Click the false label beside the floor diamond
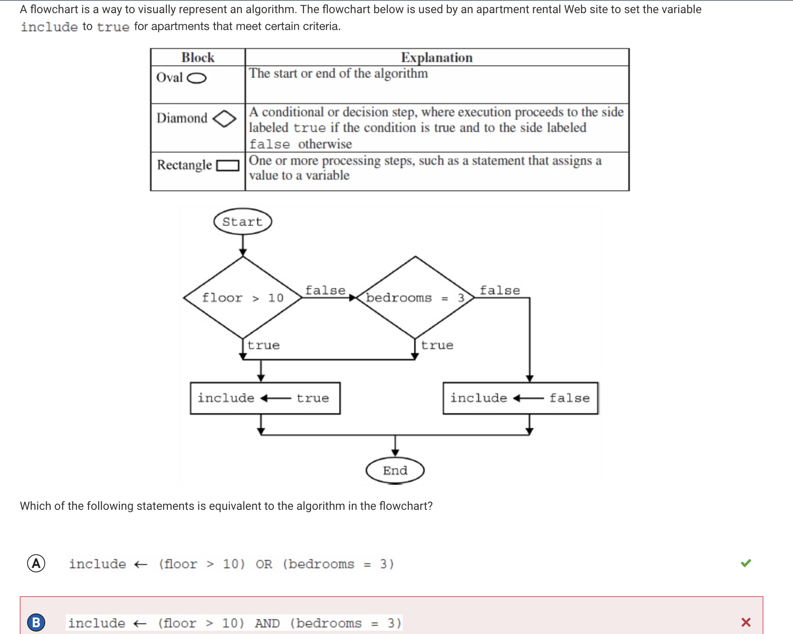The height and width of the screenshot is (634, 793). click(325, 290)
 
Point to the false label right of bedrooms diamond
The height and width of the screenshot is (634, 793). click(500, 290)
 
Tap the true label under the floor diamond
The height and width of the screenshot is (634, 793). click(263, 345)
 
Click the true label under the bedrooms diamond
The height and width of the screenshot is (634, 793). click(437, 345)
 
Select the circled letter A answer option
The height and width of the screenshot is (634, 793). click(36, 563)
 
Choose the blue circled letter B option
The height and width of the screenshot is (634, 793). click(36, 622)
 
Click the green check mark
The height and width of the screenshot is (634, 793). click(746, 563)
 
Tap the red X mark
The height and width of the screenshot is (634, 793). click(746, 622)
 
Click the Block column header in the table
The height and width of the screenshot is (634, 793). click(198, 58)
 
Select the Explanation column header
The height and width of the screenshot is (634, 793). click(437, 58)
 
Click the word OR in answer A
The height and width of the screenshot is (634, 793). click(264, 564)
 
